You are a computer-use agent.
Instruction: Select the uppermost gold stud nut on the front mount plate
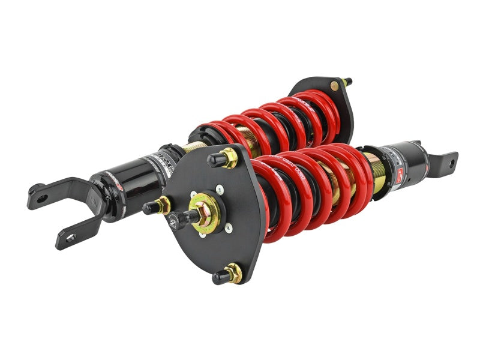point(229,159)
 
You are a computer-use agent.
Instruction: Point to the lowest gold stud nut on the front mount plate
point(233,273)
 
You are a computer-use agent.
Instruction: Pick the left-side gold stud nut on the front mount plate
point(163,204)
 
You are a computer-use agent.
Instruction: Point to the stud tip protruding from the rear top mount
point(349,80)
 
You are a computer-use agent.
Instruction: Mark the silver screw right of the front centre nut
point(229,227)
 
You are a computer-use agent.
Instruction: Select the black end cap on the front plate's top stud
point(214,160)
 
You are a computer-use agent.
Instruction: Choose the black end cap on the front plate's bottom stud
point(220,277)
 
